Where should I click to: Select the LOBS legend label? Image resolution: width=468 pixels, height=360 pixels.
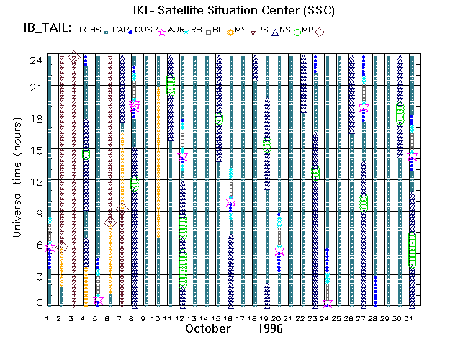coord(90,30)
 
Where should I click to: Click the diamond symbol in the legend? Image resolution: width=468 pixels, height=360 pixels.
coord(319,31)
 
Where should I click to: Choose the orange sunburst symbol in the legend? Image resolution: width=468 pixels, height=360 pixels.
coord(230,31)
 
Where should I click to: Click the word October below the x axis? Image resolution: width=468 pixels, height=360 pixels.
coord(209,328)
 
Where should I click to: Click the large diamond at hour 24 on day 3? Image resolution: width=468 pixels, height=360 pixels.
coord(73,56)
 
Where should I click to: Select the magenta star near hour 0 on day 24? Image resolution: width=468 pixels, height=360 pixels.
coord(327,303)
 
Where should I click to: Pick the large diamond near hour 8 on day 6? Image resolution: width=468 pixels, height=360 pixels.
coord(109,223)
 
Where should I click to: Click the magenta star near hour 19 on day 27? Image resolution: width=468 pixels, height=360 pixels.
coord(364,107)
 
